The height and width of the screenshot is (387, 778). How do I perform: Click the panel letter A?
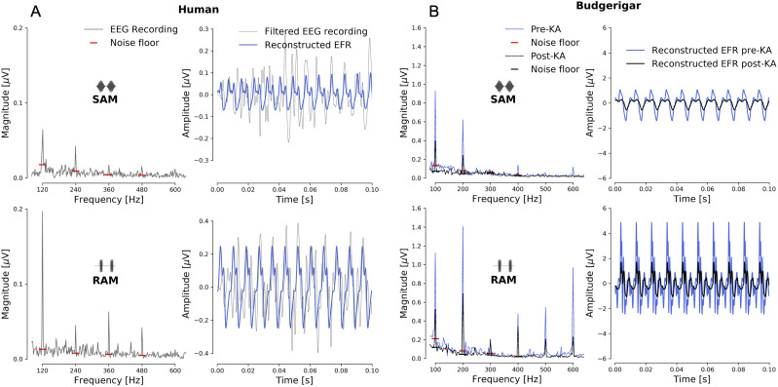coord(35,12)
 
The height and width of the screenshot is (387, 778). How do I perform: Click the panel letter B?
coord(434,12)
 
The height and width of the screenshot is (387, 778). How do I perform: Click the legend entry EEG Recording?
coord(144,29)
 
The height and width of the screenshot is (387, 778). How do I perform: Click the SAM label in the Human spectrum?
coord(105,99)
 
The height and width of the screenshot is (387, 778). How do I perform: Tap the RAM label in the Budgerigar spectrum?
coord(504,280)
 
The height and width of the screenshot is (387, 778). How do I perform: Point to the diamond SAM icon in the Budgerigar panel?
coord(504,86)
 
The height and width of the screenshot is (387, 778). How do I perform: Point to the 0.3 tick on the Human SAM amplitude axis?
coord(202,29)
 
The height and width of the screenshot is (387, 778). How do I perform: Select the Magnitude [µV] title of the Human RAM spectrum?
coord(6,285)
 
